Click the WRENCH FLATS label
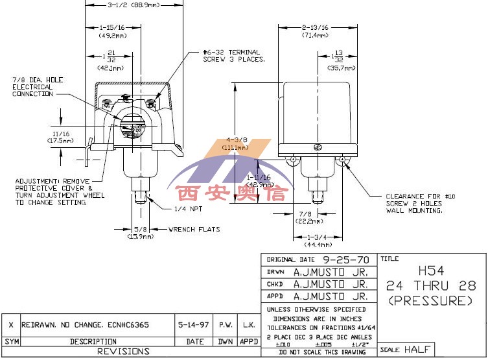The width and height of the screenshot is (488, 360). tap(194, 230)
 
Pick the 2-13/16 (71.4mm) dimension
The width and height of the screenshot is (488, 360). tap(316, 31)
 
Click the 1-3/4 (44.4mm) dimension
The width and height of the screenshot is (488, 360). tap(318, 241)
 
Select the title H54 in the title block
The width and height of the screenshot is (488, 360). tap(430, 270)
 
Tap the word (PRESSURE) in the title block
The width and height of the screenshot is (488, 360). tap(430, 301)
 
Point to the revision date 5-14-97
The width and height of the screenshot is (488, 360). tap(194, 324)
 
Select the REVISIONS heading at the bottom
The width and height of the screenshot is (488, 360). tap(123, 351)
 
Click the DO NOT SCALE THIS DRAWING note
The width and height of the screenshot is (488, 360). tap(318, 352)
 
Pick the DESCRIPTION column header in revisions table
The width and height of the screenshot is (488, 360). tap(93, 341)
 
